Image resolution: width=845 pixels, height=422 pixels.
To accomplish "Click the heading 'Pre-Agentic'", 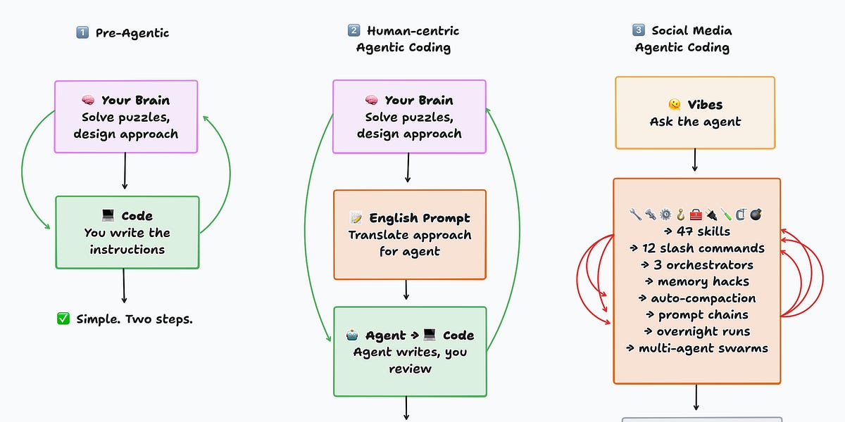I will [132, 32].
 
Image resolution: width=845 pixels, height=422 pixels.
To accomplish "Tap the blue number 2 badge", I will [353, 31].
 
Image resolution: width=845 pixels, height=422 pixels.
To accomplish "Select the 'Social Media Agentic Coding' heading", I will [682, 39].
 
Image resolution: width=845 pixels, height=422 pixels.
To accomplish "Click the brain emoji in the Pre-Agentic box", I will [89, 101].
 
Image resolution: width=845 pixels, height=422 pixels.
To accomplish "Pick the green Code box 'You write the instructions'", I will [127, 232].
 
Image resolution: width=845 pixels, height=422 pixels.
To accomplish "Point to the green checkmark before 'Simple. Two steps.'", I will [63, 319].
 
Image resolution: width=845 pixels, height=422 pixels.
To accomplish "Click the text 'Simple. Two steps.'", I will [134, 319].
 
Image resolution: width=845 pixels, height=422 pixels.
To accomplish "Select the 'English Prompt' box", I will [409, 234].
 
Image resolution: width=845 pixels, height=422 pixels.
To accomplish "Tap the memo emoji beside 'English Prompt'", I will [356, 218].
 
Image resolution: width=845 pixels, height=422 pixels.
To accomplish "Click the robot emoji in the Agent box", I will [352, 335].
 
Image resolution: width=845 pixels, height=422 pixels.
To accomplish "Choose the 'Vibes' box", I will [695, 113].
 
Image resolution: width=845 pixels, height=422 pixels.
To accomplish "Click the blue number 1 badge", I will [82, 32].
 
